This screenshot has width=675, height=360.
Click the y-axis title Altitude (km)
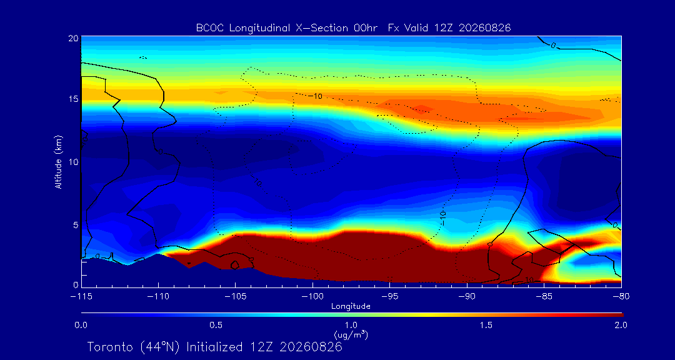coord(58,162)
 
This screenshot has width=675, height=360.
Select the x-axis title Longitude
coord(351,306)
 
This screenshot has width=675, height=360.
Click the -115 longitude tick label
coord(82,296)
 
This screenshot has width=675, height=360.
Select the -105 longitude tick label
coord(236,296)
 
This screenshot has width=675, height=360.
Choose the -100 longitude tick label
coord(313,296)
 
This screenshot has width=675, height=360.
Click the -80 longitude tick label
coord(621,296)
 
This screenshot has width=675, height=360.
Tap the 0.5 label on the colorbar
coord(216,325)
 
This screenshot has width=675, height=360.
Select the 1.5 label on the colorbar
coord(486,325)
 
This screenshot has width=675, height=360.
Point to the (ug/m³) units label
coord(351,334)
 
